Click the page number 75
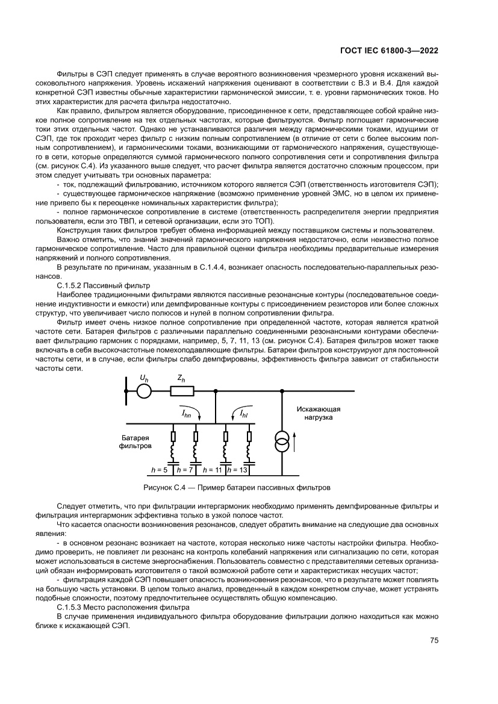pyautogui.click(x=433, y=641)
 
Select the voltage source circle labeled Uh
pyautogui.click(x=143, y=391)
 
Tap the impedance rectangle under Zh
pyautogui.click(x=182, y=391)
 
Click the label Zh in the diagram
pyautogui.click(x=181, y=379)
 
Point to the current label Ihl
pyautogui.click(x=244, y=414)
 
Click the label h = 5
pyautogui.click(x=159, y=469)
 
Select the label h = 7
pyautogui.click(x=183, y=469)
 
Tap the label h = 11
pyautogui.click(x=213, y=469)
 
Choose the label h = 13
pyautogui.click(x=238, y=469)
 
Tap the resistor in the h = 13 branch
pyautogui.click(x=249, y=435)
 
